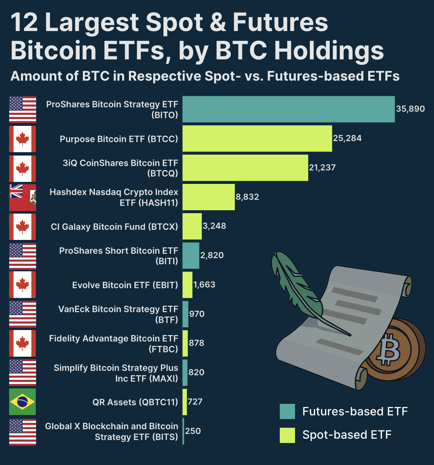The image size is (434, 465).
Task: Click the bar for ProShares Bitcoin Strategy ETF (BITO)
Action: coord(289,109)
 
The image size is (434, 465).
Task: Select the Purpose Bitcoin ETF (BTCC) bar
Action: coord(257,139)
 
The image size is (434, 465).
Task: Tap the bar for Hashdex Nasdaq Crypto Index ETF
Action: coord(209,197)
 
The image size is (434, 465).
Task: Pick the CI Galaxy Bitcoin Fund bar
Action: coord(192,226)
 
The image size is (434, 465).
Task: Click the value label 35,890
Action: coord(410,109)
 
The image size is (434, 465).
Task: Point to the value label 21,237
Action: coord(322,168)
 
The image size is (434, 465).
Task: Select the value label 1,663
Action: coord(204,285)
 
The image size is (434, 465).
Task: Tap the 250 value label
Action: coord(193,431)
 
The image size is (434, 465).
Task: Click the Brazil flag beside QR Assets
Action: coord(22,402)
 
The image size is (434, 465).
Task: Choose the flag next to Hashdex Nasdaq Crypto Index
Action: coord(22,197)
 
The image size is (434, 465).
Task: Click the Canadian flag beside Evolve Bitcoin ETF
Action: coord(22,285)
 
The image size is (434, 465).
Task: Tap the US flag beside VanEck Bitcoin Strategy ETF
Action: coord(22,314)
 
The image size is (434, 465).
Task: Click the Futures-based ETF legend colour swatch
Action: coord(287,411)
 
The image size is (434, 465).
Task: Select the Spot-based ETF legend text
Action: coord(347,435)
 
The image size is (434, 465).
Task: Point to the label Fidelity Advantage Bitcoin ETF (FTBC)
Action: coord(113,344)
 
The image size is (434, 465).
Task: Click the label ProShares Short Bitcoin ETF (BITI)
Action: coord(118,256)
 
